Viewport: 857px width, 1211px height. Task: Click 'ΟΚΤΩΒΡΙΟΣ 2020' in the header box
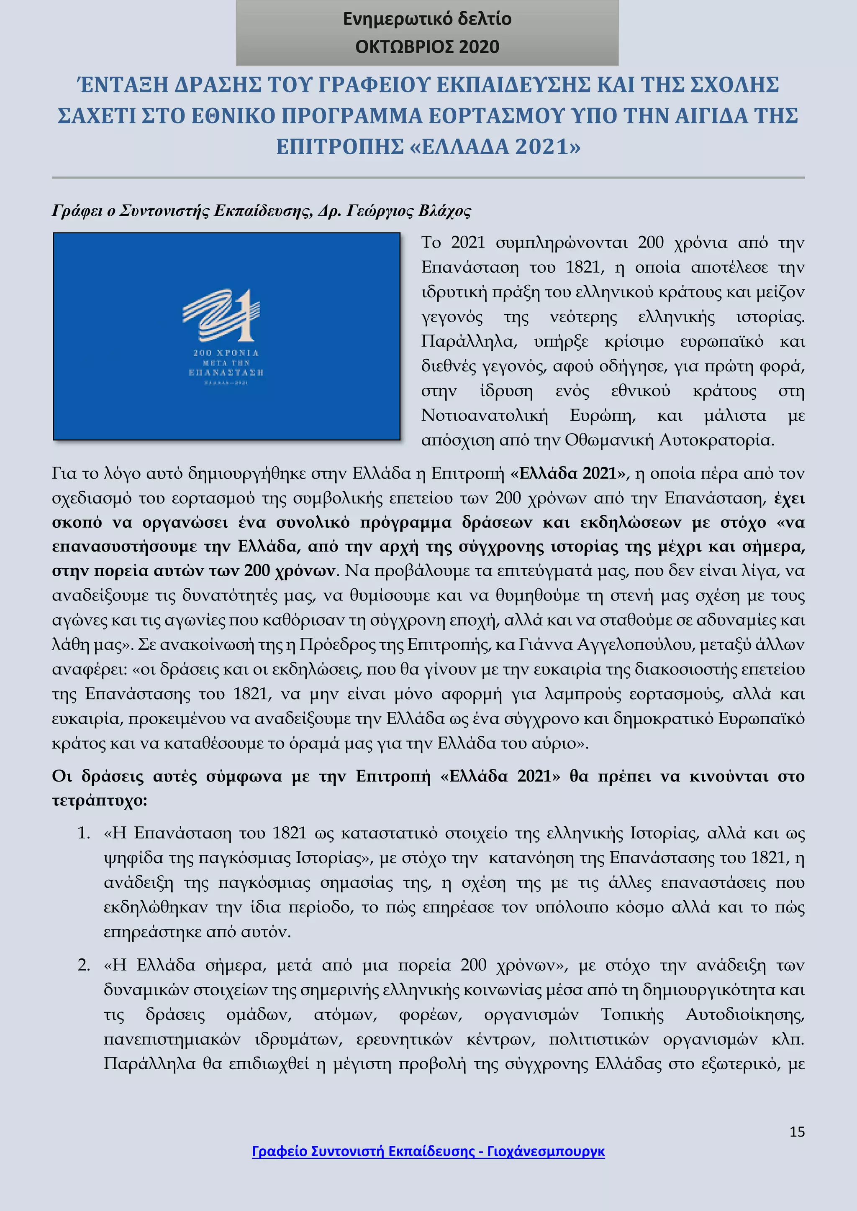tap(427, 47)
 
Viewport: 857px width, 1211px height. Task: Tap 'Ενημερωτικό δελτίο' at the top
tap(427, 19)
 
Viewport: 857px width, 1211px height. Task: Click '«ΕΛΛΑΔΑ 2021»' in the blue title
tap(495, 147)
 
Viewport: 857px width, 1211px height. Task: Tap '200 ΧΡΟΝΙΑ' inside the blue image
tap(226, 353)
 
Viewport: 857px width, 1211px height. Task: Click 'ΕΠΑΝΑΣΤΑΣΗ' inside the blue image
tap(226, 372)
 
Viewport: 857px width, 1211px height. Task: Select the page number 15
tap(797, 1132)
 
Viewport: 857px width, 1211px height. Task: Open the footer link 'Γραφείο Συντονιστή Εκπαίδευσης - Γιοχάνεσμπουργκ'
tap(428, 1151)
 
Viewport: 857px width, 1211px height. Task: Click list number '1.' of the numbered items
tap(84, 833)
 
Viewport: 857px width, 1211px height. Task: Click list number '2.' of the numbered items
tap(84, 965)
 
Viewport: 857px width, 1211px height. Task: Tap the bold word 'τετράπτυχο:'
tap(99, 801)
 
